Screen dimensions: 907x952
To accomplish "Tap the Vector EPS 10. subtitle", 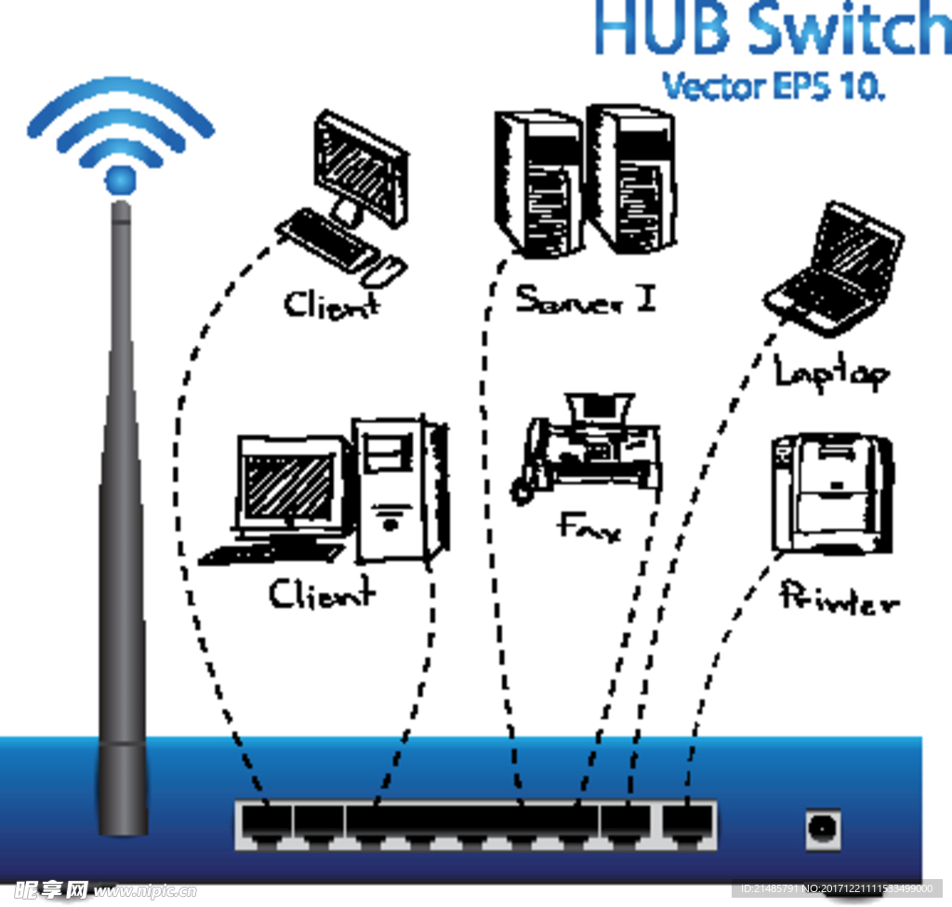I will click(x=773, y=86).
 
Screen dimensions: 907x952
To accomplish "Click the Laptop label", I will click(x=830, y=373).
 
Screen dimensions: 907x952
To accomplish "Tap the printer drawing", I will click(x=831, y=492).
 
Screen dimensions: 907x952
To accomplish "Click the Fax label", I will click(x=589, y=529).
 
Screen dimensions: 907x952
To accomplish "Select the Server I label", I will click(x=586, y=298).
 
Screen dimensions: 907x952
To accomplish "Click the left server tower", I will click(x=539, y=182).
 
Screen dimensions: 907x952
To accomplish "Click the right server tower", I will click(x=632, y=177).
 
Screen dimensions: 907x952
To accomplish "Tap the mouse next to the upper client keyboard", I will click(x=384, y=269).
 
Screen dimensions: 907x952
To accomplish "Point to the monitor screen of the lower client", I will click(x=288, y=489).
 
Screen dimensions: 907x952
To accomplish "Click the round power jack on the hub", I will click(x=823, y=826).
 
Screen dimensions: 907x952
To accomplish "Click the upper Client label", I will click(x=332, y=304).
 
